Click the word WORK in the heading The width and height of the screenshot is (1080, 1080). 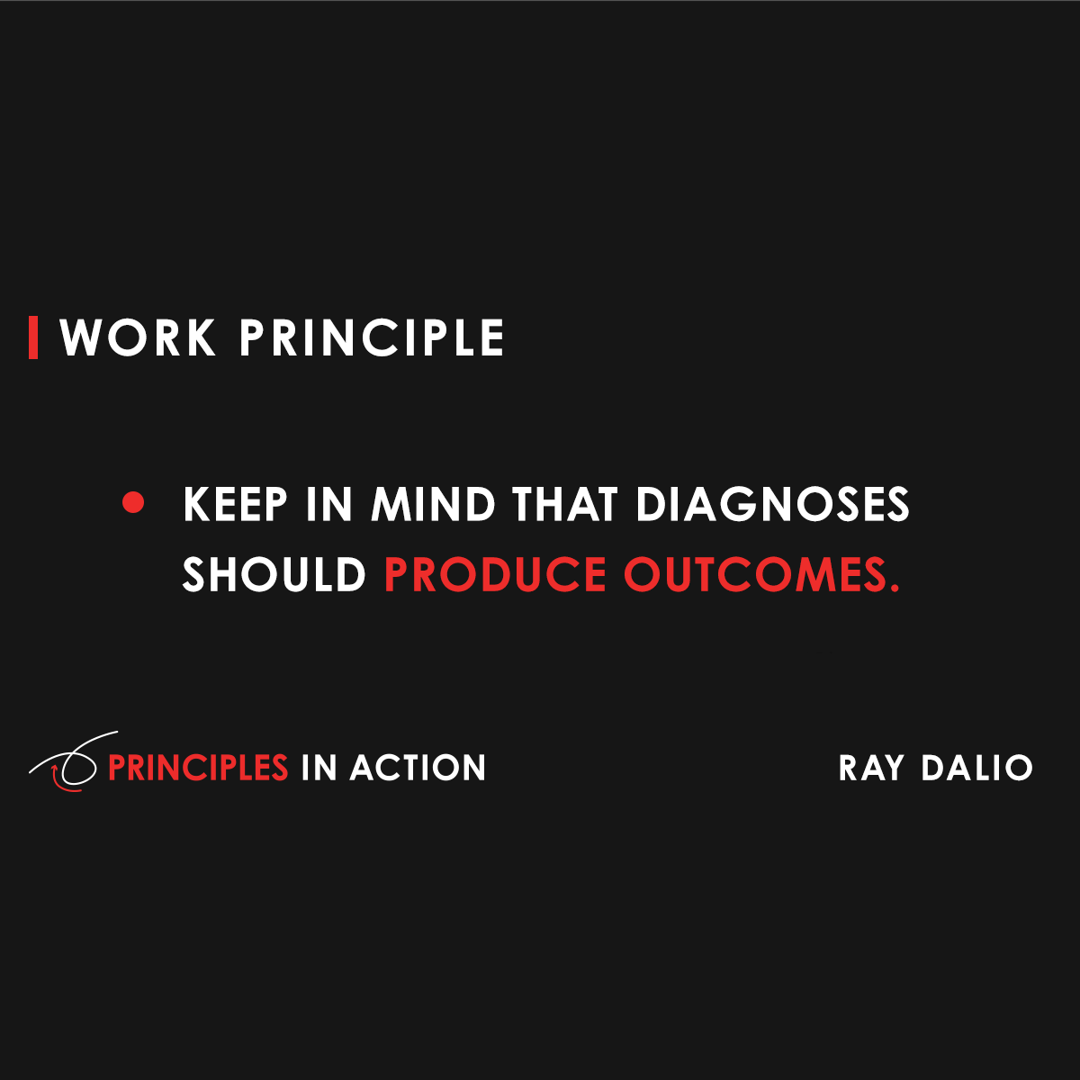pos(139,338)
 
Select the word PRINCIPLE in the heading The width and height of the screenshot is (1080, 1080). pos(372,338)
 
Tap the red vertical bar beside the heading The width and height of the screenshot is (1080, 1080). pos(33,337)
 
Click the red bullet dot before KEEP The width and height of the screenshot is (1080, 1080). pos(133,503)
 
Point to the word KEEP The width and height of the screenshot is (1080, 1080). pos(236,505)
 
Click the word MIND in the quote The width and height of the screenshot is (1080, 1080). pos(433,505)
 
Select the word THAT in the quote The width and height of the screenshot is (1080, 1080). pos(565,505)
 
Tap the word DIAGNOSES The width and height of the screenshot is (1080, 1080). pos(773,505)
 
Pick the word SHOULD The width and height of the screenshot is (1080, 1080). pos(274,575)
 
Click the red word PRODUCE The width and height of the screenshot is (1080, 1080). pos(495,575)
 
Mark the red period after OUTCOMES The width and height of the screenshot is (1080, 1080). pos(894,588)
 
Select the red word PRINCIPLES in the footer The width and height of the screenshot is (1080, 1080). pos(197,768)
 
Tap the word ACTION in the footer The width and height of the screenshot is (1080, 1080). pos(418,768)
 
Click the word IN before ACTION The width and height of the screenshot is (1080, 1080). pos(319,768)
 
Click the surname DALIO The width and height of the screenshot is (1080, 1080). pos(976,768)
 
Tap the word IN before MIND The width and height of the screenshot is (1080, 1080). pos(328,505)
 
